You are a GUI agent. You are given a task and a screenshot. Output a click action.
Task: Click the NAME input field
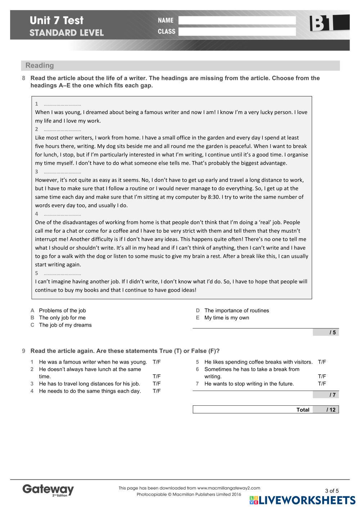(x=237, y=21)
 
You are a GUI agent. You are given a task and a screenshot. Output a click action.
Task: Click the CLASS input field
(x=237, y=32)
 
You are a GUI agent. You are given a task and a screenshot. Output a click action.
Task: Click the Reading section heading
(x=40, y=65)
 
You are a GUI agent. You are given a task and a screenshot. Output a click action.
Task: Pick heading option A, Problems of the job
(x=62, y=310)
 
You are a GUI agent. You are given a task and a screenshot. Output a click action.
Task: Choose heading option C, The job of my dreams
(x=65, y=325)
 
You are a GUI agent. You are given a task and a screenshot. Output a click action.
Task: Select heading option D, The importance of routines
(x=237, y=310)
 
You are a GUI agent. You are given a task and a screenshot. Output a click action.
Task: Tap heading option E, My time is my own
(x=226, y=318)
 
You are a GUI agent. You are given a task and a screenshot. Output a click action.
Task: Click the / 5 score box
(x=326, y=332)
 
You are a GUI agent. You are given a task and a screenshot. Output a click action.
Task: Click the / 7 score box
(x=326, y=395)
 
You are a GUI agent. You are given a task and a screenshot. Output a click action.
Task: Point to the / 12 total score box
(x=326, y=410)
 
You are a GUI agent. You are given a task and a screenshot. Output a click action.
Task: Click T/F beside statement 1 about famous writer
(x=157, y=362)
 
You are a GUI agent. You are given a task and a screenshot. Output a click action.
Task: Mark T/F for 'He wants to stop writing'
(x=322, y=384)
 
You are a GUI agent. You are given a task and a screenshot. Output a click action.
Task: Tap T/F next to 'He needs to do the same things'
(x=157, y=391)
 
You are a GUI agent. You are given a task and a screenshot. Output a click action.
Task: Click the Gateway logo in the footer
(x=48, y=490)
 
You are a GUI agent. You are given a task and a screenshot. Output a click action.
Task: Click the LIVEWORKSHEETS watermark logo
(x=302, y=500)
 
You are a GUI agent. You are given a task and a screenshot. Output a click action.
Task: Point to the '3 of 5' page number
(x=332, y=491)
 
